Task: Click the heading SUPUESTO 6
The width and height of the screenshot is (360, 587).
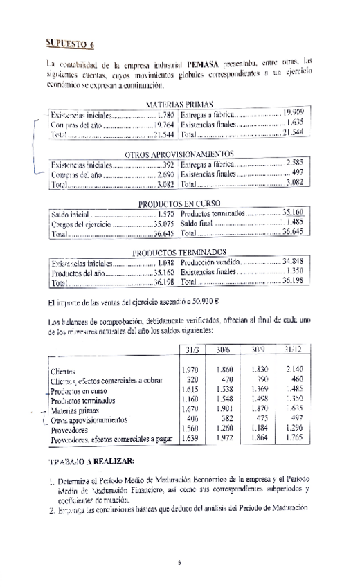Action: click(70, 44)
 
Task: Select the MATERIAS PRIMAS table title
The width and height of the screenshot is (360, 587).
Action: click(179, 103)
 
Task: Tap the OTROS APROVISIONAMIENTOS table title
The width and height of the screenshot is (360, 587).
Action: click(179, 154)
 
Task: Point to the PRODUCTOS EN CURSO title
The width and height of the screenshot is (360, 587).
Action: click(179, 204)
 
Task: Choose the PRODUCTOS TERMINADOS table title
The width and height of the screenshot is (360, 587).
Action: click(179, 253)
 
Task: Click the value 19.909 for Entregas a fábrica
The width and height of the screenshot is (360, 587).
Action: click(294, 112)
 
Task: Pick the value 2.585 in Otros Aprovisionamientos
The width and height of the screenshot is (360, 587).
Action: click(295, 163)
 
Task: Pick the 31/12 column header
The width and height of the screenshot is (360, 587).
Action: click(294, 348)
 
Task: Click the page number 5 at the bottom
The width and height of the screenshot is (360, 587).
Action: click(179, 562)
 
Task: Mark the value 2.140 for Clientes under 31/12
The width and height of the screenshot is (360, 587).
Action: click(294, 370)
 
